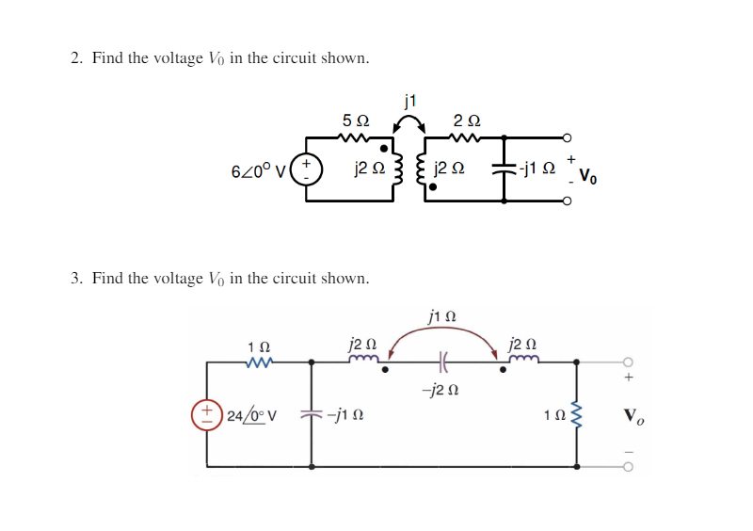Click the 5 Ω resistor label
(x=356, y=121)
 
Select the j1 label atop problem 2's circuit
(x=409, y=100)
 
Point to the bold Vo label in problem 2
(x=587, y=174)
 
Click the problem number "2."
(x=78, y=58)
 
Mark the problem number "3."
(x=78, y=278)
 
